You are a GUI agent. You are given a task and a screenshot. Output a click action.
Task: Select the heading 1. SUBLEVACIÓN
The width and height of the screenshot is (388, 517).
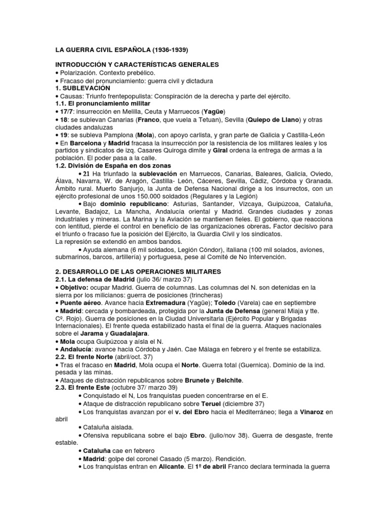(82, 88)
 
